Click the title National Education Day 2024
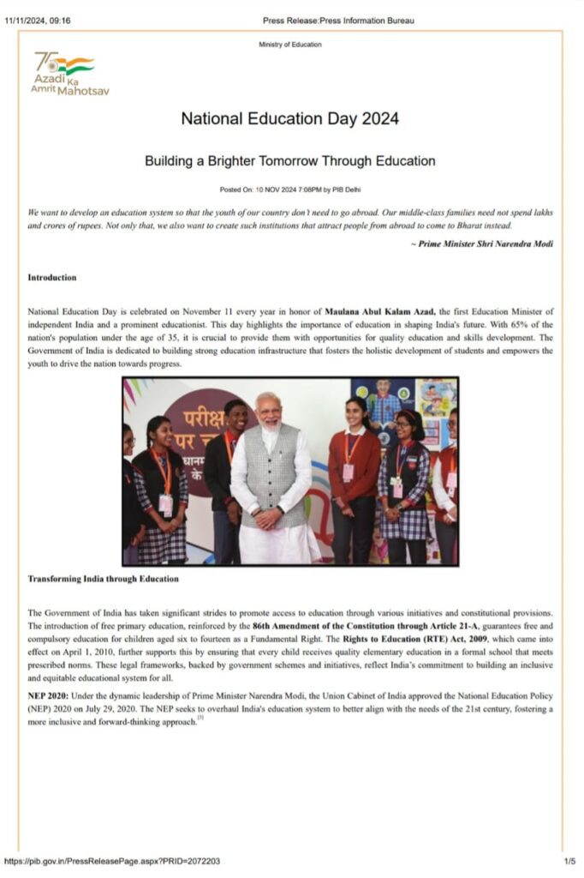289,119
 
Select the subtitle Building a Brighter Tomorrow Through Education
289,161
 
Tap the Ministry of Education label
289,45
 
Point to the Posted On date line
289,189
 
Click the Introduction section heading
52,278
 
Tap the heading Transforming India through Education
104,579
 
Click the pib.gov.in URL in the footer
111,860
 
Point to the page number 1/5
569,860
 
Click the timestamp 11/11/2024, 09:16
38,21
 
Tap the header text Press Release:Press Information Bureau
338,21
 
